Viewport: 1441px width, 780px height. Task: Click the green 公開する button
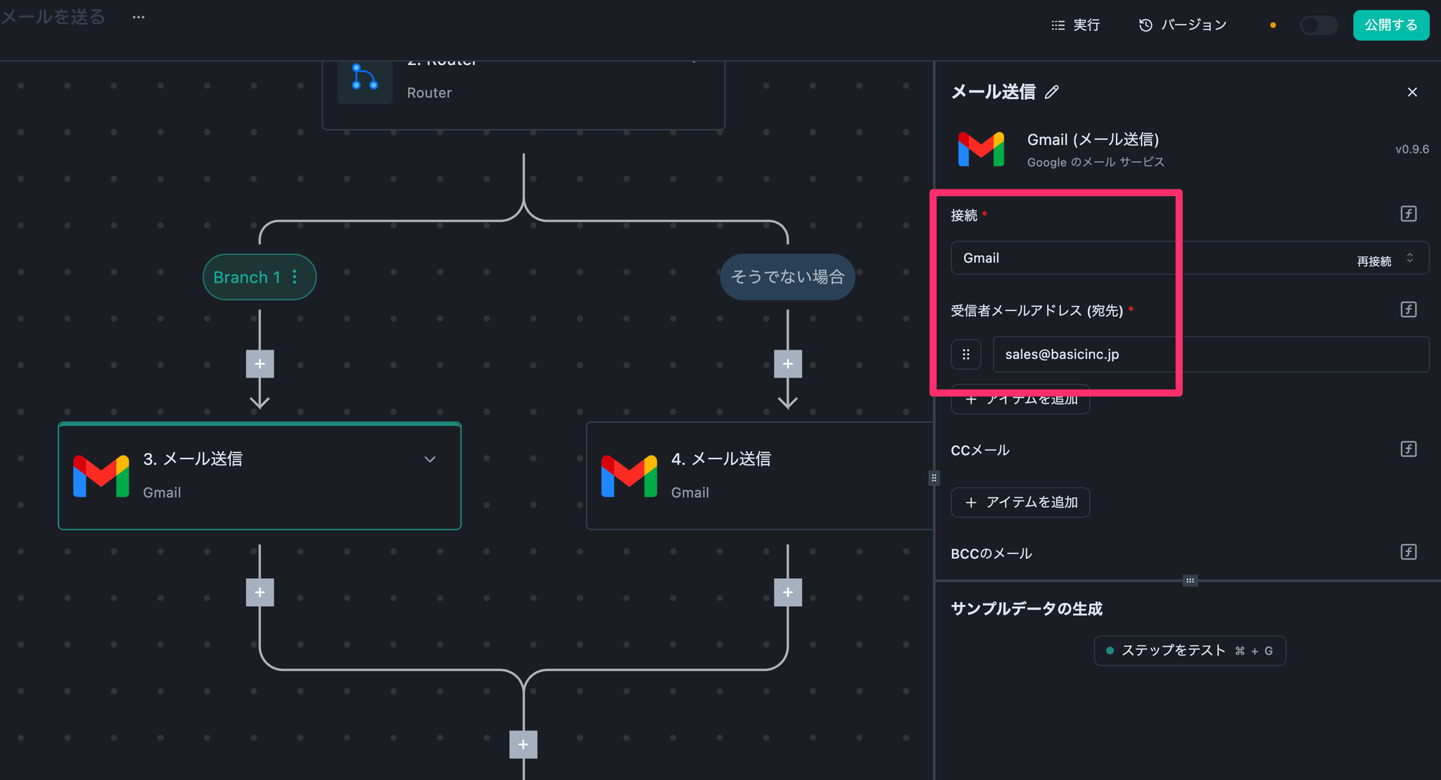1390,25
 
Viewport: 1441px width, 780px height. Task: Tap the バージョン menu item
1183,25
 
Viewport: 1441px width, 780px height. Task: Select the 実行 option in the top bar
1076,25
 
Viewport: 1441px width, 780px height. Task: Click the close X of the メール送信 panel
1411,92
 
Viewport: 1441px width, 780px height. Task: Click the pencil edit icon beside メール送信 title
1052,92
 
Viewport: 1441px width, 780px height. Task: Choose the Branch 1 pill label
247,277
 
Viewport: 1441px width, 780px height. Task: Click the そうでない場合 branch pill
787,277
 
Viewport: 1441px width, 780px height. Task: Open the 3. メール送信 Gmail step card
259,476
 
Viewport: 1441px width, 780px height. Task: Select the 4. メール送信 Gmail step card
760,476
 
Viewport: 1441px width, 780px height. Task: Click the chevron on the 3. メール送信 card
430,459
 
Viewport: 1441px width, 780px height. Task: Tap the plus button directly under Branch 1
260,364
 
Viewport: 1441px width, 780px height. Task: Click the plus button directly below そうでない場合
787,364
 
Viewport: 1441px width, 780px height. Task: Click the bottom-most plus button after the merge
523,744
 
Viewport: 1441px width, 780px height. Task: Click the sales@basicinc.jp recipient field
1210,354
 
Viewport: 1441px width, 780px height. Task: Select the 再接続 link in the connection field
1373,262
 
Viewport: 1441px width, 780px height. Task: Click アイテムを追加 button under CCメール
1020,502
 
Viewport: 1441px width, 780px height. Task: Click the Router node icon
364,79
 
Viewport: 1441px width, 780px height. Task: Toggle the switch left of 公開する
1317,25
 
